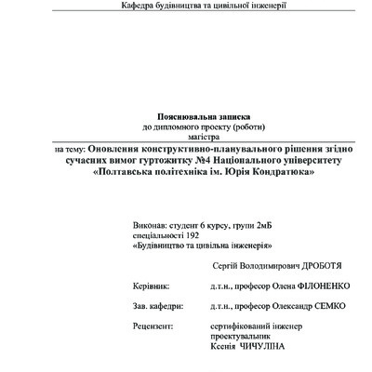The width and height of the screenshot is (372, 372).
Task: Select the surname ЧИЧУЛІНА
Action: [261, 347]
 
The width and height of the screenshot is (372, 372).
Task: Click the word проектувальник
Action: [242, 337]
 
